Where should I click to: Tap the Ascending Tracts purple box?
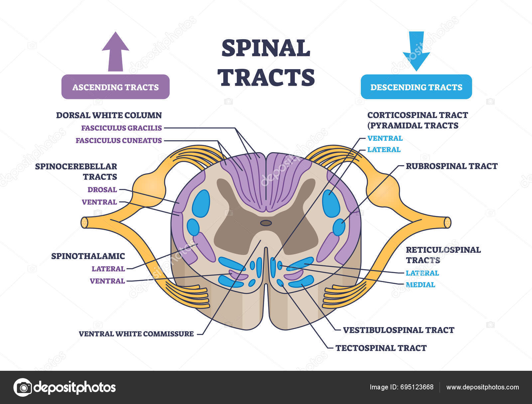[x=115, y=87]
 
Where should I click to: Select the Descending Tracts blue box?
[x=416, y=87]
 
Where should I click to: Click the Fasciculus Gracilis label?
[x=121, y=128]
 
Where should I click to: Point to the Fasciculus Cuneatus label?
[x=118, y=141]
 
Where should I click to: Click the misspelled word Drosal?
[x=102, y=190]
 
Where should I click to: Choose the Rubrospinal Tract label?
[x=451, y=166]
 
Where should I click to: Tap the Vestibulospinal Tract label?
[x=398, y=330]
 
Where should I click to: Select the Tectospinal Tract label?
[x=381, y=348]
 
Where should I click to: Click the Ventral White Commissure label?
[x=136, y=334]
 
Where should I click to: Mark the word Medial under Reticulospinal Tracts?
[x=420, y=285]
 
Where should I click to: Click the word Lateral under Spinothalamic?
[x=108, y=269]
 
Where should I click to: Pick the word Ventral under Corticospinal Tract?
[x=385, y=138]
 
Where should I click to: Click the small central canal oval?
[x=266, y=223]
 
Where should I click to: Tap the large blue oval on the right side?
[x=331, y=204]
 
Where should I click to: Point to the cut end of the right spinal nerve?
[x=448, y=222]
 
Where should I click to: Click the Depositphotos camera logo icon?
[x=23, y=387]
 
